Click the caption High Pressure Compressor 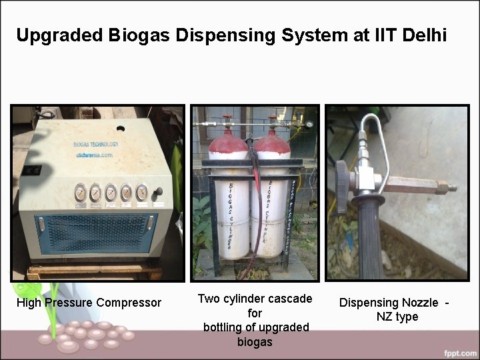pos(89,303)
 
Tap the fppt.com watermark pos(458,352)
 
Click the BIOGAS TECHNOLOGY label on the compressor pos(96,144)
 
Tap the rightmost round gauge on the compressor pos(141,192)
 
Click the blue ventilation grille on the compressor pos(93,233)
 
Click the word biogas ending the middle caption pos(255,342)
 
